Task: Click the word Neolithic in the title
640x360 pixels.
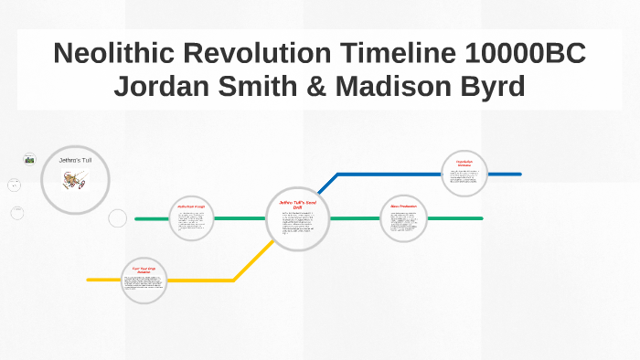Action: [115, 54]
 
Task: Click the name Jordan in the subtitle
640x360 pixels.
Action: [163, 88]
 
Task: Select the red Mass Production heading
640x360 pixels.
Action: [403, 206]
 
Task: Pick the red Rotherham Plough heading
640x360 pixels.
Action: [192, 207]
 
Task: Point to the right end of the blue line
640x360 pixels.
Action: [519, 174]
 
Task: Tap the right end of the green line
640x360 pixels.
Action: [481, 218]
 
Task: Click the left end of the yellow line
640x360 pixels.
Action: [89, 280]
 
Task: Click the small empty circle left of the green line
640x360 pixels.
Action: [118, 218]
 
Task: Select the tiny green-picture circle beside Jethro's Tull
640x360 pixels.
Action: [29, 159]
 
